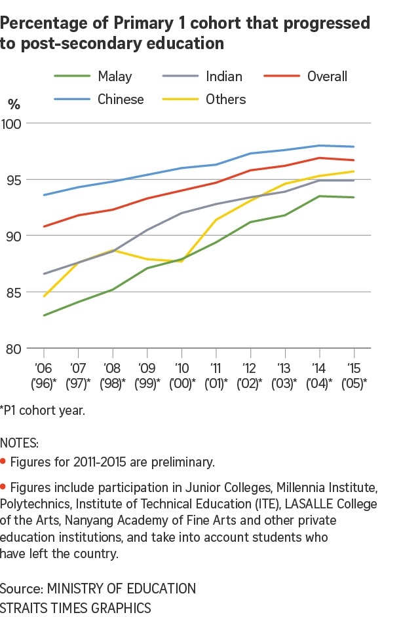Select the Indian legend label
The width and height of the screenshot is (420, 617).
click(x=224, y=77)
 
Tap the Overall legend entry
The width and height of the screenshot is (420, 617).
click(x=327, y=77)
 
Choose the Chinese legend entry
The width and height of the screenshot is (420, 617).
click(x=121, y=99)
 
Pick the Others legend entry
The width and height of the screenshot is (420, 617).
click(x=225, y=99)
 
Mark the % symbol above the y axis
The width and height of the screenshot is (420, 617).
click(x=14, y=103)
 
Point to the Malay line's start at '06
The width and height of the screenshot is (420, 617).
click(x=45, y=315)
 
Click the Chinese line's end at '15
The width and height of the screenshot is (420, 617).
click(x=354, y=147)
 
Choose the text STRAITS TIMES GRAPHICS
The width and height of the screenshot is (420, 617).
click(x=75, y=607)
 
